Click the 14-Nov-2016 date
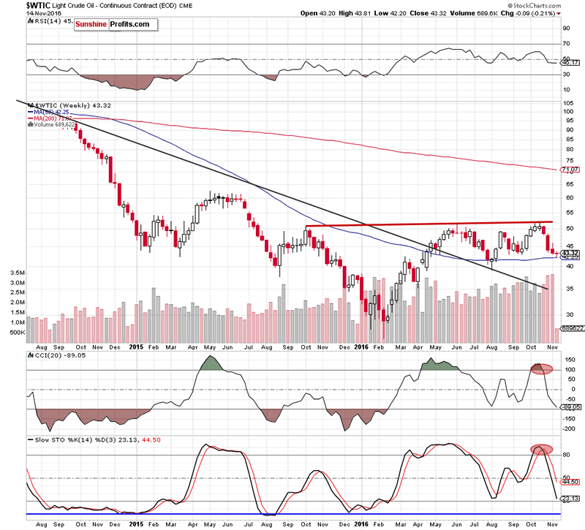pos(20,13)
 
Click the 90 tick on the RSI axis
pos(565,29)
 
